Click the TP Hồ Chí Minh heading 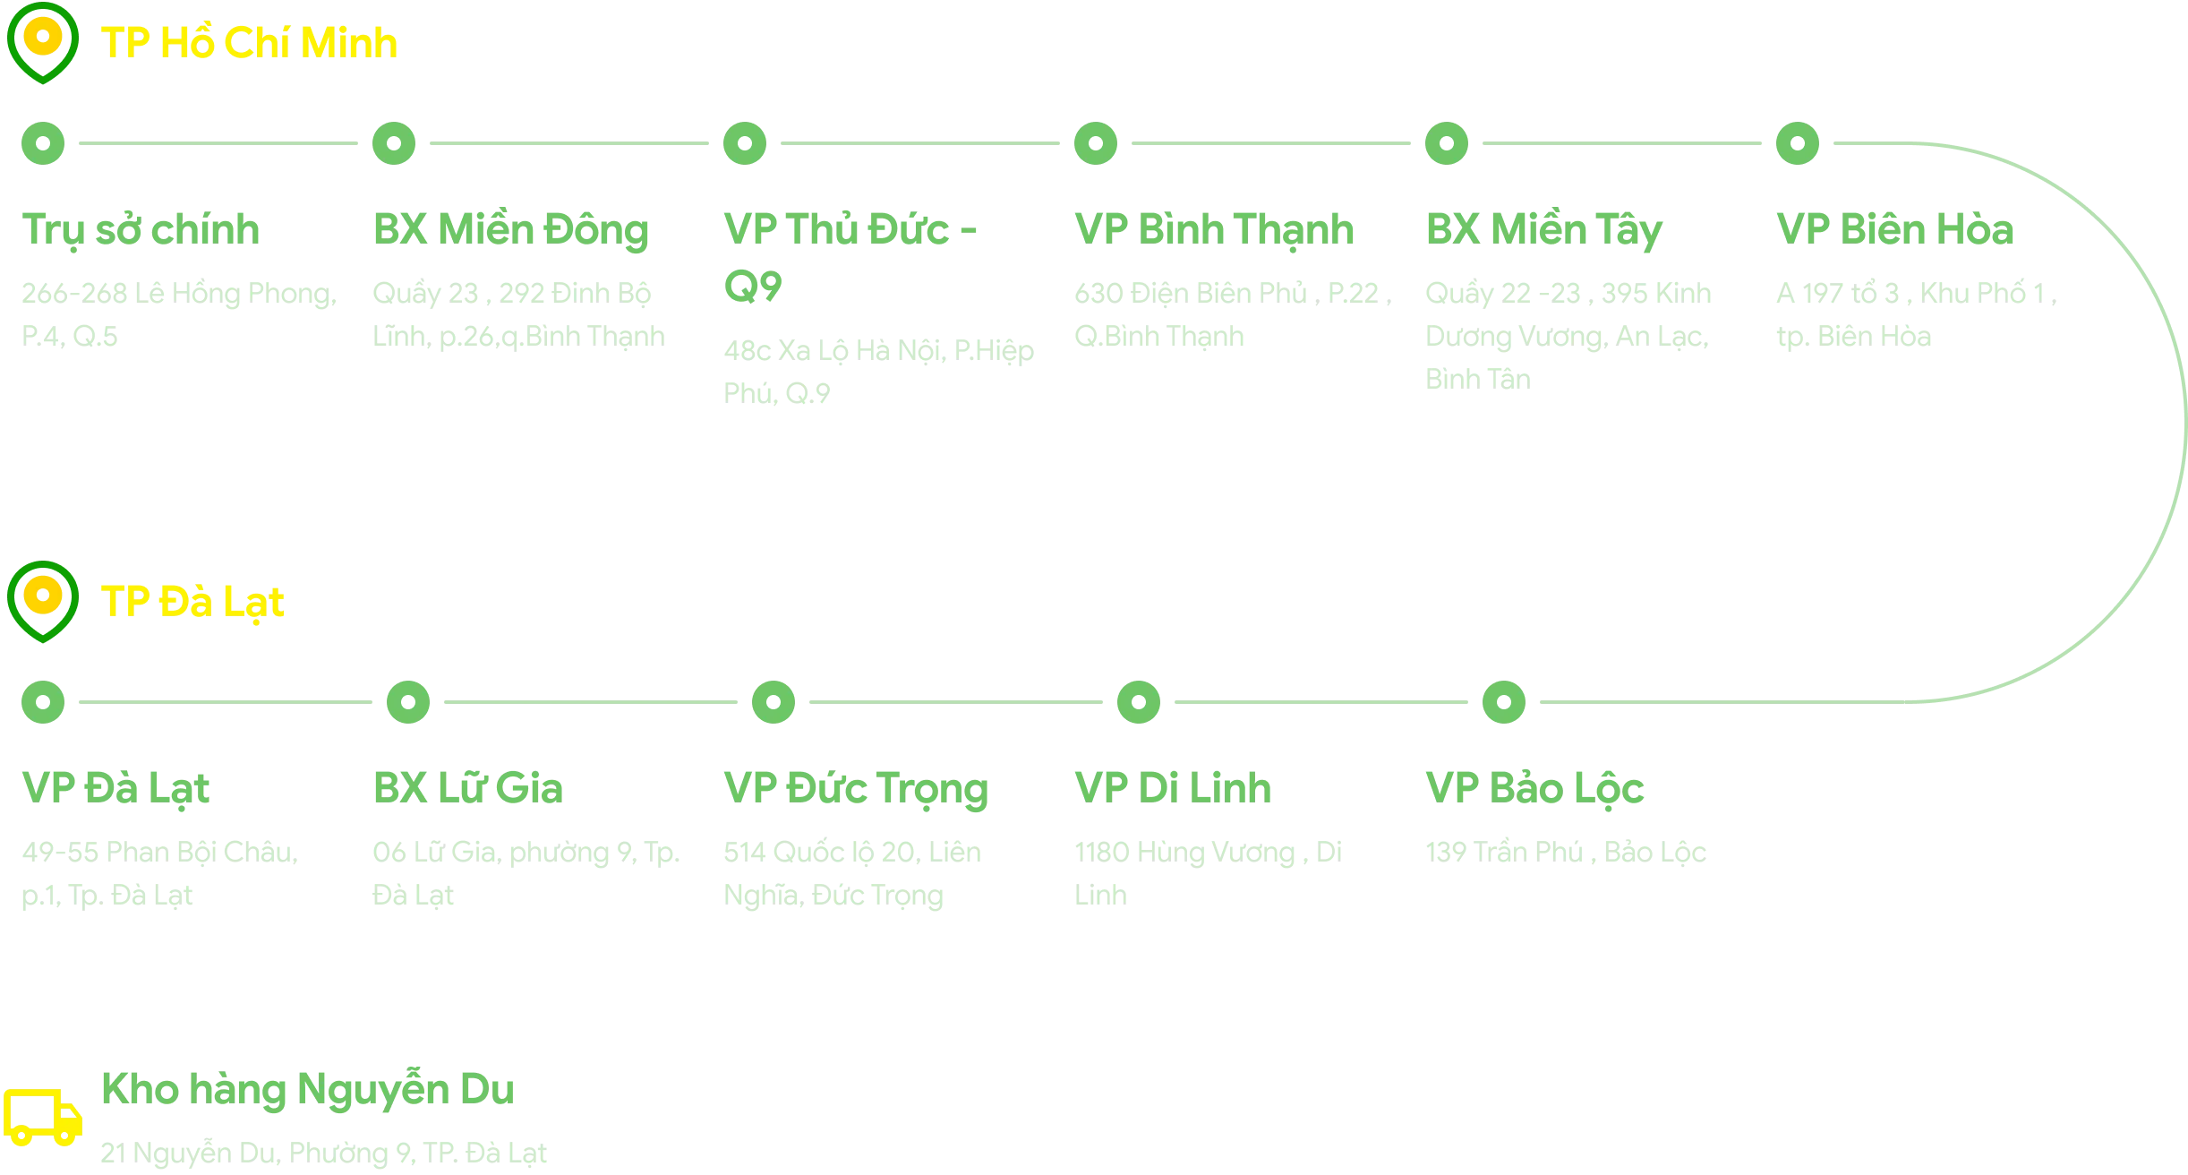click(250, 42)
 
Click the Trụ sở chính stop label click(143, 227)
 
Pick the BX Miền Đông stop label click(511, 227)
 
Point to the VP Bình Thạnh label click(1214, 227)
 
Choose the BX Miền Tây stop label click(1544, 227)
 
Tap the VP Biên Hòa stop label click(1897, 227)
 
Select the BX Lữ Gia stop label click(468, 786)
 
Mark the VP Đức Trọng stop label click(856, 786)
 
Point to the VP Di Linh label click(1174, 786)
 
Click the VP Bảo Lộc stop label click(1535, 786)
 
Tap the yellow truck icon click(42, 1117)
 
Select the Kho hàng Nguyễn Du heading click(307, 1089)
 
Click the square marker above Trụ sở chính click(43, 143)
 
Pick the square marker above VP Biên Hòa click(1798, 143)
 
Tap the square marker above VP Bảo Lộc click(1504, 702)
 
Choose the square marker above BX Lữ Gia click(408, 702)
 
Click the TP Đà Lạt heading click(193, 601)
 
